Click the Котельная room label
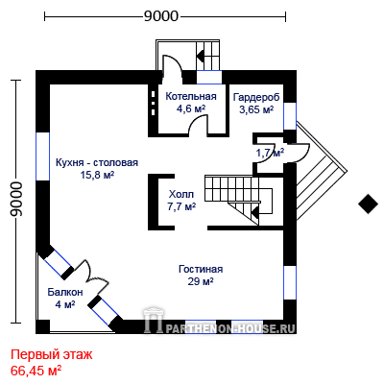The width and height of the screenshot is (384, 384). (191, 96)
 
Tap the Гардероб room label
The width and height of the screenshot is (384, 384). (256, 97)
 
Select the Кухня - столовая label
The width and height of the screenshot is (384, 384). (97, 162)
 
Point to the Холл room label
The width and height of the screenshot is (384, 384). (181, 194)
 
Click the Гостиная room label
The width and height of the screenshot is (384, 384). (201, 269)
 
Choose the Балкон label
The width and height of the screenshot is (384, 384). (65, 292)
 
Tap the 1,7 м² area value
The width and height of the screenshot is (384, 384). (270, 153)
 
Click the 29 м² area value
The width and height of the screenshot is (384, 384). (201, 281)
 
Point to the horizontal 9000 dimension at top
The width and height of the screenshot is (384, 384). (160, 16)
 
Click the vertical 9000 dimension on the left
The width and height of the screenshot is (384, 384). (16, 199)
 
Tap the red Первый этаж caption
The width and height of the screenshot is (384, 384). (52, 354)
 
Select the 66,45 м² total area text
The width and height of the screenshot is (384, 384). (36, 371)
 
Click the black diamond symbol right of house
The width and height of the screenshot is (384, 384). (369, 204)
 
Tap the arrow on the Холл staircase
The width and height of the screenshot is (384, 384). (254, 211)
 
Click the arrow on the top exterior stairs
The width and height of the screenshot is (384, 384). (201, 57)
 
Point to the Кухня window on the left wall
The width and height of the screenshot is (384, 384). (43, 156)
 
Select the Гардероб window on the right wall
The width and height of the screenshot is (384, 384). (290, 116)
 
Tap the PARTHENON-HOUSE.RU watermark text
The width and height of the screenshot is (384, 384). (230, 328)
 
